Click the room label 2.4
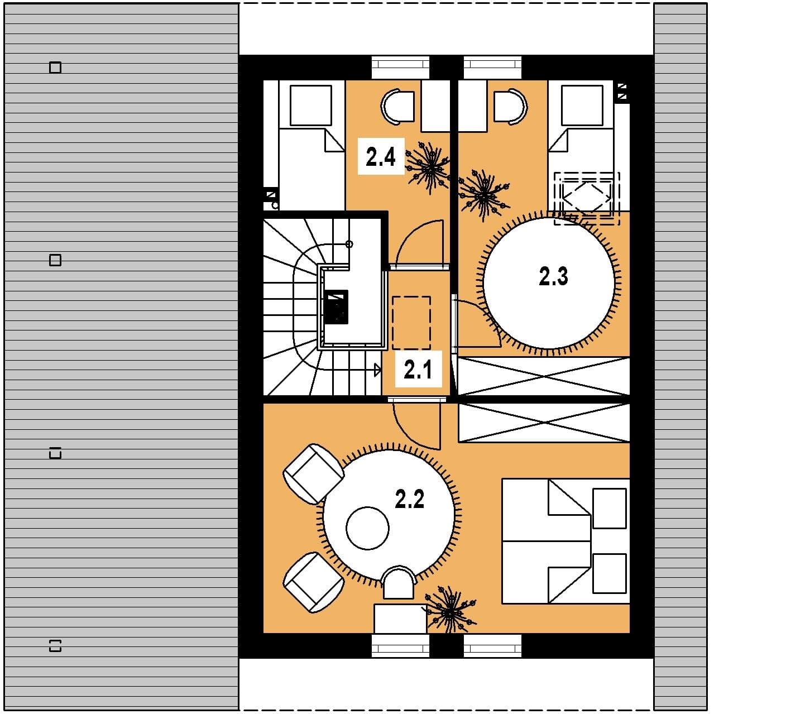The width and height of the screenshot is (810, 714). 380,156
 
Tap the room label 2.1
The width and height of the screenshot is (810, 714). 418,370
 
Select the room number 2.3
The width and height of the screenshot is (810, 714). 553,276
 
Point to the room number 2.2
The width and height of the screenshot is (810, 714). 409,499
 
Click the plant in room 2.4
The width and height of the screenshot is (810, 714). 428,167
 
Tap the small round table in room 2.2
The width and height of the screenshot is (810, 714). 367,528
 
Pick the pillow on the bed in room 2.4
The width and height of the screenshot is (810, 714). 310,106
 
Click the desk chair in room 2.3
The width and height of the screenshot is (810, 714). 511,106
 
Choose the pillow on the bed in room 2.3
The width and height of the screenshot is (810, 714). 582,106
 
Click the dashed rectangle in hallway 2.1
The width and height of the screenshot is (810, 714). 411,323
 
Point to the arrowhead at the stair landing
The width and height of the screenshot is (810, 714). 377,370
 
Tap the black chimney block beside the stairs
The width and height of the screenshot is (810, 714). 336,306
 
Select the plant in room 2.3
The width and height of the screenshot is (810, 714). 484,195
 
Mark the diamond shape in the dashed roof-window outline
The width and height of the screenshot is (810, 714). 587,197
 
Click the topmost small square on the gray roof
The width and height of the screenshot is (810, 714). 55,68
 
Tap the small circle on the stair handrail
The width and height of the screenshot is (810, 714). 349,244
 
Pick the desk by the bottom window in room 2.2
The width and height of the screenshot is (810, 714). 400,619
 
